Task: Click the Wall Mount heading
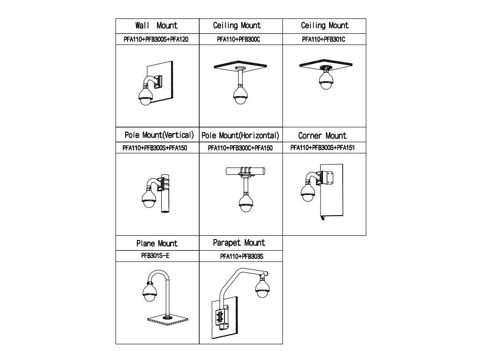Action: point(157,25)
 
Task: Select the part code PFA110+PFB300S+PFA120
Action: point(157,39)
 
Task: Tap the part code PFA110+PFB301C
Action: point(323,39)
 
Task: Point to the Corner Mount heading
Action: point(322,136)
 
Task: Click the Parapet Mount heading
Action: point(239,243)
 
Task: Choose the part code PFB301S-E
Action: point(157,256)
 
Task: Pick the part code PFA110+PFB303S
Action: point(241,256)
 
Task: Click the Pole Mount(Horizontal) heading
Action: point(240,136)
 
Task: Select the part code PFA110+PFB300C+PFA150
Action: point(240,148)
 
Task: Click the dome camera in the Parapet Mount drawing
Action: point(262,286)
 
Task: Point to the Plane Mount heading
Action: point(157,243)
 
